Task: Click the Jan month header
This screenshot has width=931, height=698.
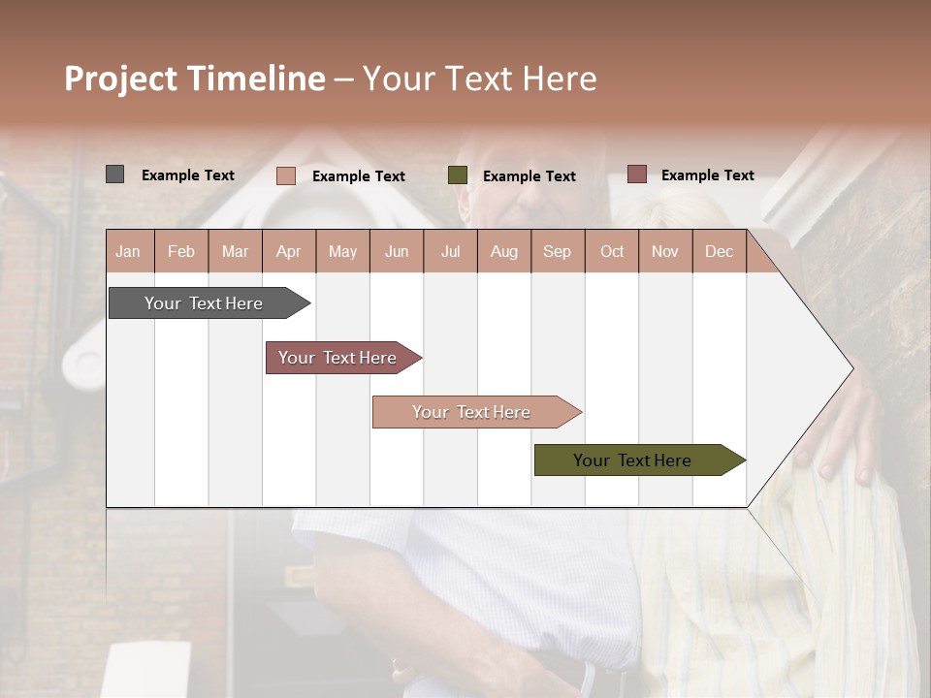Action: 129,251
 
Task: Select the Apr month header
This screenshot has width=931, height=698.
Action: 288,251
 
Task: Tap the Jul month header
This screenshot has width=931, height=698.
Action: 450,251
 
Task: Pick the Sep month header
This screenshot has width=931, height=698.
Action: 557,251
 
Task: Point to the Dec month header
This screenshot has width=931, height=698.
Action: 719,251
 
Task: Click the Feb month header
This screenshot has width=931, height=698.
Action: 181,251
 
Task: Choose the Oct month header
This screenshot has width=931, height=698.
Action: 612,251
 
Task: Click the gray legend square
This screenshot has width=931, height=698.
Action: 114,174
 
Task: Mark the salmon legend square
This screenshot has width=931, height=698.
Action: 285,175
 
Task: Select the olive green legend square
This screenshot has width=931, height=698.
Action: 458,175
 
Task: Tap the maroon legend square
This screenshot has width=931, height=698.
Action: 636,174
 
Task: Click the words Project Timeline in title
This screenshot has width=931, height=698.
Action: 195,79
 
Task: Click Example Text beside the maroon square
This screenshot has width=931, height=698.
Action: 707,175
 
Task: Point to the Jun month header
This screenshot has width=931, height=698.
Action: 397,251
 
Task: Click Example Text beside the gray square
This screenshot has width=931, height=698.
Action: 188,175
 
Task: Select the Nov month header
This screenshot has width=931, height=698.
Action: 665,251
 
